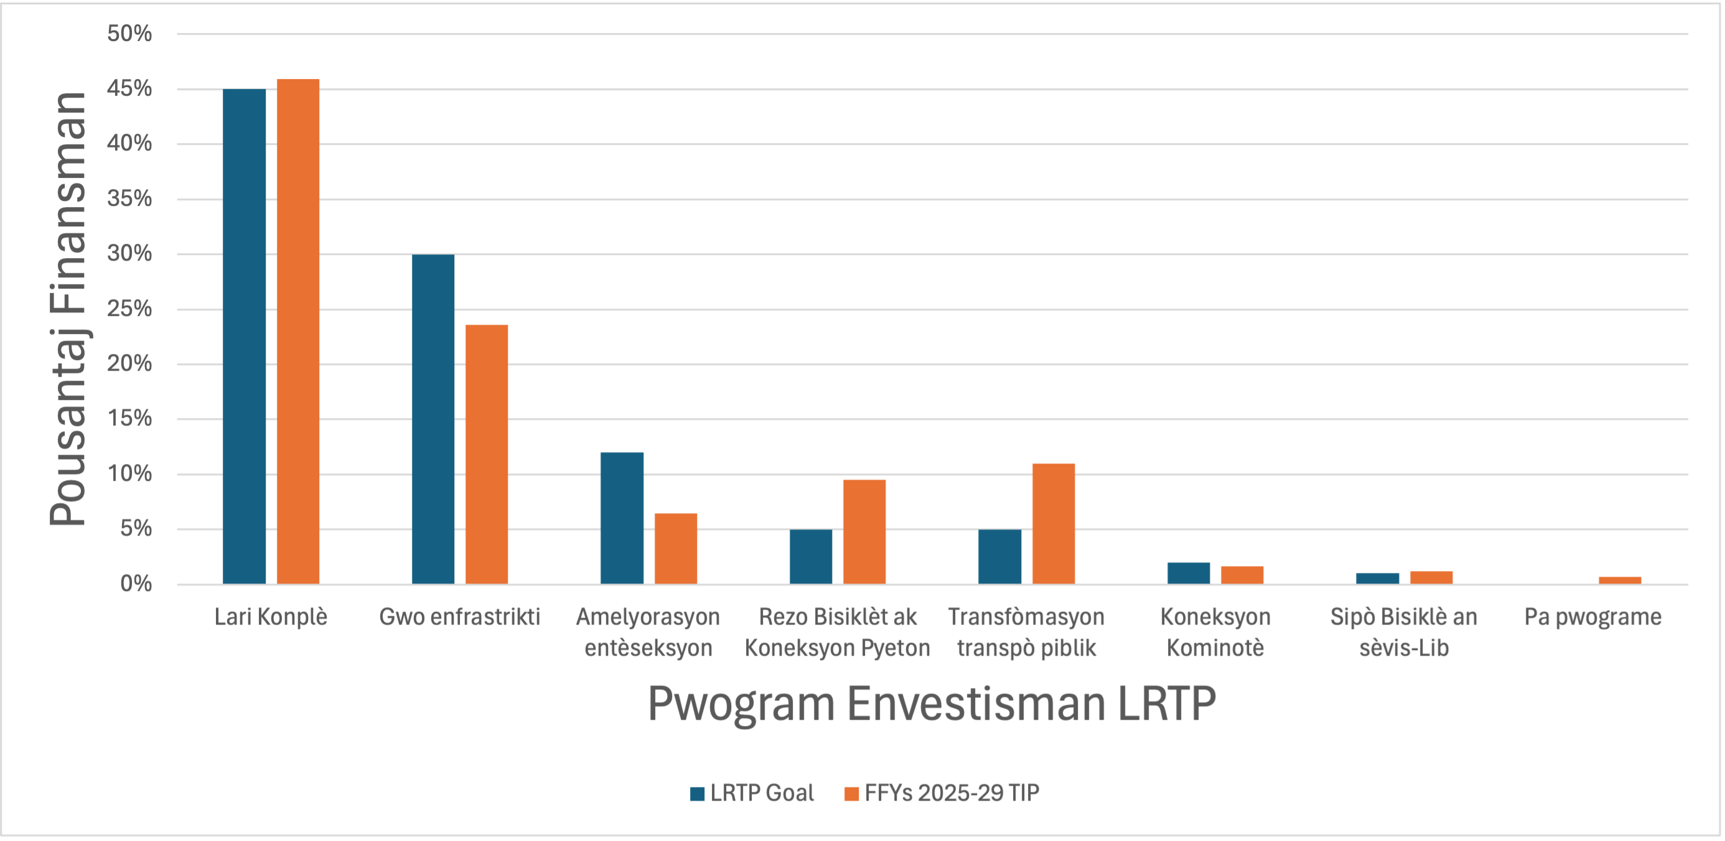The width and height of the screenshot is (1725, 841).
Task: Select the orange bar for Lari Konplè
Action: (298, 332)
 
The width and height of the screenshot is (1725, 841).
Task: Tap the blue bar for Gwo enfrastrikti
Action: (432, 419)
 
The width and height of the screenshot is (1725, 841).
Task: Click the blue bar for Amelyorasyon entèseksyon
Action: (622, 518)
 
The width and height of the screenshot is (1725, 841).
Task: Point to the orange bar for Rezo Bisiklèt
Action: (864, 532)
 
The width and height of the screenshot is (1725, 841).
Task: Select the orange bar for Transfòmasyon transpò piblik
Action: (1054, 524)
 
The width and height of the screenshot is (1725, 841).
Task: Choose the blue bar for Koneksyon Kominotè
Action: (1189, 573)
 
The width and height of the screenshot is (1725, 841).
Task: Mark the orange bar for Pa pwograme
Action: (1620, 580)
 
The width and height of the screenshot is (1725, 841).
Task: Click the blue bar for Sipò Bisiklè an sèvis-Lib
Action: (1378, 578)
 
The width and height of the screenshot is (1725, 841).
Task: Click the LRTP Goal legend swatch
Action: (697, 794)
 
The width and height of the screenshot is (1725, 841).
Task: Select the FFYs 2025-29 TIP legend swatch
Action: (851, 794)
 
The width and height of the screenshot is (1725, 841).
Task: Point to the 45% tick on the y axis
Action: (129, 88)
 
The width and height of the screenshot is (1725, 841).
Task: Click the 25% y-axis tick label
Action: (129, 309)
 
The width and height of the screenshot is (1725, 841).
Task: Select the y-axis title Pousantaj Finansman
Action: (68, 309)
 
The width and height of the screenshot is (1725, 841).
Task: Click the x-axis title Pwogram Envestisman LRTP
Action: (932, 704)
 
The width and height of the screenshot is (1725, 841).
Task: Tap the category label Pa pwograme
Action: (1592, 616)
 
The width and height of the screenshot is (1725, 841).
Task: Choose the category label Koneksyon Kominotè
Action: (1215, 632)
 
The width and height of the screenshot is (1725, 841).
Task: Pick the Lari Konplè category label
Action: (271, 616)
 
